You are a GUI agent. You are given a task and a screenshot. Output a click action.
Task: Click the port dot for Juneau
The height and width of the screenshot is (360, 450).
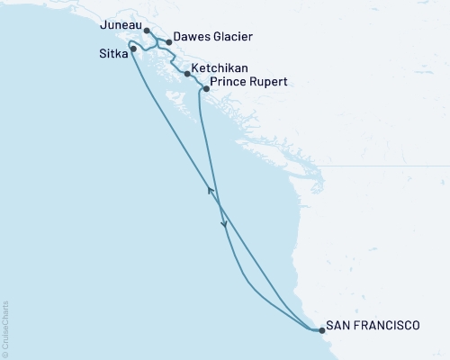147,30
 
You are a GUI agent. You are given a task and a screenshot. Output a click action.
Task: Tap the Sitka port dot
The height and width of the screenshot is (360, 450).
133,49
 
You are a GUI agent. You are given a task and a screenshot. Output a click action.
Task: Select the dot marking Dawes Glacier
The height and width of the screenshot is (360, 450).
168,41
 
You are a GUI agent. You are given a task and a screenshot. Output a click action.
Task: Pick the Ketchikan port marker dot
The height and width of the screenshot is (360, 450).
186,74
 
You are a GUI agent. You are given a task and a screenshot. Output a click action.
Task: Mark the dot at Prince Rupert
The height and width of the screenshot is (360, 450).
206,89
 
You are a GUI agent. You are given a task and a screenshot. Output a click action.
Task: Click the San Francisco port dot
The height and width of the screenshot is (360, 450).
321,331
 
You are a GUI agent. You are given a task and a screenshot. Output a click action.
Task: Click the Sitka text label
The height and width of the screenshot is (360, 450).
112,53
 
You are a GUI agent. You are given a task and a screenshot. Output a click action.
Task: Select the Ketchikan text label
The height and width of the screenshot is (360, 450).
220,68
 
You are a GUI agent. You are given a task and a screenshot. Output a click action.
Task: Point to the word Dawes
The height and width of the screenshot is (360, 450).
193,38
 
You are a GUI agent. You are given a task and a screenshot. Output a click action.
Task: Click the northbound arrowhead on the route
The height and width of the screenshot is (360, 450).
211,188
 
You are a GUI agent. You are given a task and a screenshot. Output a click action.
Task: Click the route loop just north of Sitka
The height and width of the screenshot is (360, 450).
135,42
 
